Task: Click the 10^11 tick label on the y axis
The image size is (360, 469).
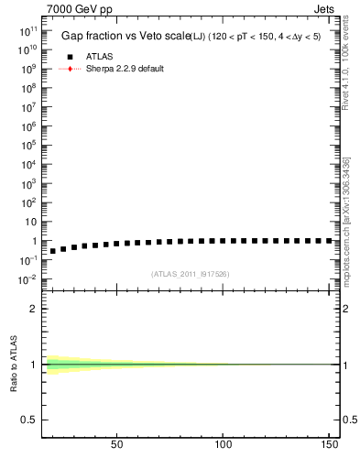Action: (x=26, y=32)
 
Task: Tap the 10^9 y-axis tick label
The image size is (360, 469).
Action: (x=27, y=70)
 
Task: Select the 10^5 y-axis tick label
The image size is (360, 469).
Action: (x=27, y=146)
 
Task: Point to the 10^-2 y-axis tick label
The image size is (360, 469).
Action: (x=26, y=279)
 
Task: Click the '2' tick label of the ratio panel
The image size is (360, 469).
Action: (x=34, y=309)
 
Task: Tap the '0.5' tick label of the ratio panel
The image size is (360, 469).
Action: (x=29, y=420)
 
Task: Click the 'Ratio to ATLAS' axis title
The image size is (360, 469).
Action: (x=14, y=365)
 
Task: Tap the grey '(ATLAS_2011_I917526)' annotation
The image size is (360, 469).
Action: (x=190, y=274)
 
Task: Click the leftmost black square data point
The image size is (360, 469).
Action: (x=53, y=250)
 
